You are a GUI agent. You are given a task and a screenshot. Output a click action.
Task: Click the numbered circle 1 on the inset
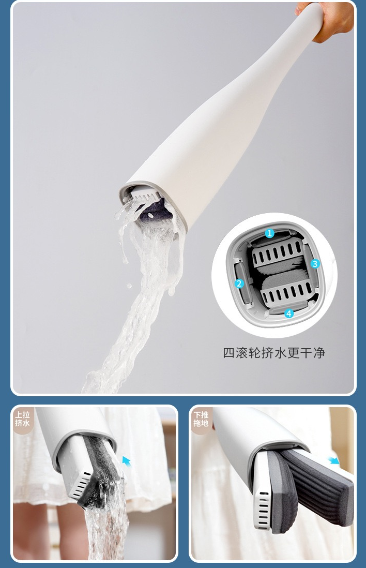click(269, 233)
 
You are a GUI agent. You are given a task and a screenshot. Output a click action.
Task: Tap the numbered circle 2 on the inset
click(239, 283)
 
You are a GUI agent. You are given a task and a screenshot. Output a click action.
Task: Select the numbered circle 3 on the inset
click(315, 263)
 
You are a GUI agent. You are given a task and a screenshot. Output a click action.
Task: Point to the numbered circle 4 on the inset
click(288, 313)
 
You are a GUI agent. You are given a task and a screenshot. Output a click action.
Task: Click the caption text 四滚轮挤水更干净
click(274, 353)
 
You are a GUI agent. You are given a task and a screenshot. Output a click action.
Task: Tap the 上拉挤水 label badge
click(22, 418)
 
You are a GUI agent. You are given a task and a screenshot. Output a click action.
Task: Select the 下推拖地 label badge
click(201, 418)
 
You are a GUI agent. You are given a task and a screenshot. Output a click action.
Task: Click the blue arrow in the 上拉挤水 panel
click(126, 461)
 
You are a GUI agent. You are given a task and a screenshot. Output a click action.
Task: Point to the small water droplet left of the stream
click(129, 286)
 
